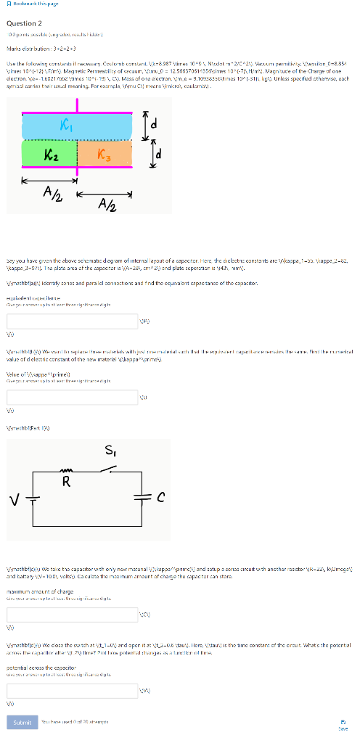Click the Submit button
click(x=22, y=722)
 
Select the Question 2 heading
click(x=25, y=23)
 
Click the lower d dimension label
click(x=165, y=155)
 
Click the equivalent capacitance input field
click(x=72, y=321)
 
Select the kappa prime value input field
click(x=72, y=397)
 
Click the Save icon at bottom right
click(x=343, y=722)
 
